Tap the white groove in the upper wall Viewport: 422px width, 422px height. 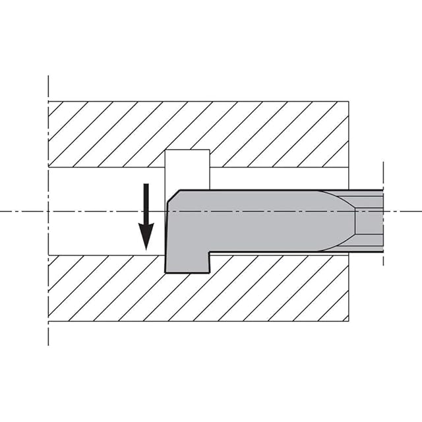187,169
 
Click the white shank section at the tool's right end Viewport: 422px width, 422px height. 369,221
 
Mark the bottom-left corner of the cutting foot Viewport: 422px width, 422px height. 164,272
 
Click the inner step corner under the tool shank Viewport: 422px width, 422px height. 210,253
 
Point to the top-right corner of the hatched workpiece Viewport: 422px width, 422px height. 348,102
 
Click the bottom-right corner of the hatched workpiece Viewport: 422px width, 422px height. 348,321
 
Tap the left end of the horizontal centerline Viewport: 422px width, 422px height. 1,211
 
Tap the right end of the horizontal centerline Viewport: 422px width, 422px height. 420,211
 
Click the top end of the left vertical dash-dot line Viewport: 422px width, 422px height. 49,77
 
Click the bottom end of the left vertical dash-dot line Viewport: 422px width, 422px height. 49,344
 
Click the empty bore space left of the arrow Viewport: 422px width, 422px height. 92,211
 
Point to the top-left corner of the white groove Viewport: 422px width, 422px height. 165,151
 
